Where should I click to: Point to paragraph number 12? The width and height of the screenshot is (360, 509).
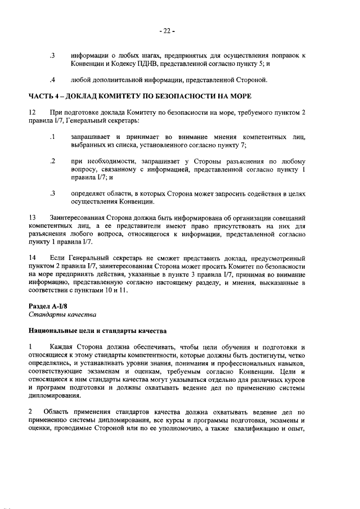tap(33, 112)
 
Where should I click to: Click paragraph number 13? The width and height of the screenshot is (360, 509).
tap(33, 217)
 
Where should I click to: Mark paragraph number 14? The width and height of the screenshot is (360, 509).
tap(33, 258)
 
